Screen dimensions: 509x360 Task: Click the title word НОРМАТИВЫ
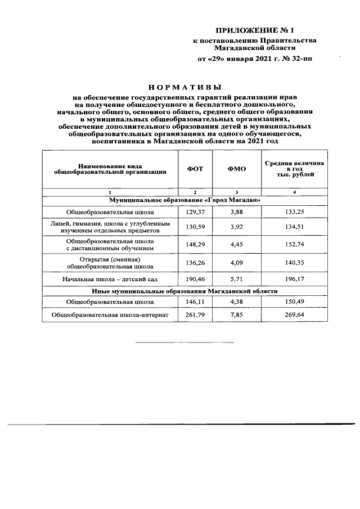pyautogui.click(x=185, y=87)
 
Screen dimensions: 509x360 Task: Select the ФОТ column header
pyautogui.click(x=195, y=169)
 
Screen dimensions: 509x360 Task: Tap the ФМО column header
pyautogui.click(x=237, y=169)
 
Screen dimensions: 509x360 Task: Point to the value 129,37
pyautogui.click(x=195, y=211)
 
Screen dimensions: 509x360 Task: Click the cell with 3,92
pyautogui.click(x=237, y=227)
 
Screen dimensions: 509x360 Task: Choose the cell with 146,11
pyautogui.click(x=195, y=302)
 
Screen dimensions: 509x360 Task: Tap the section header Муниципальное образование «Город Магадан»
pyautogui.click(x=184, y=200)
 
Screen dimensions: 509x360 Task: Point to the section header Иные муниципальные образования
pyautogui.click(x=184, y=291)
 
